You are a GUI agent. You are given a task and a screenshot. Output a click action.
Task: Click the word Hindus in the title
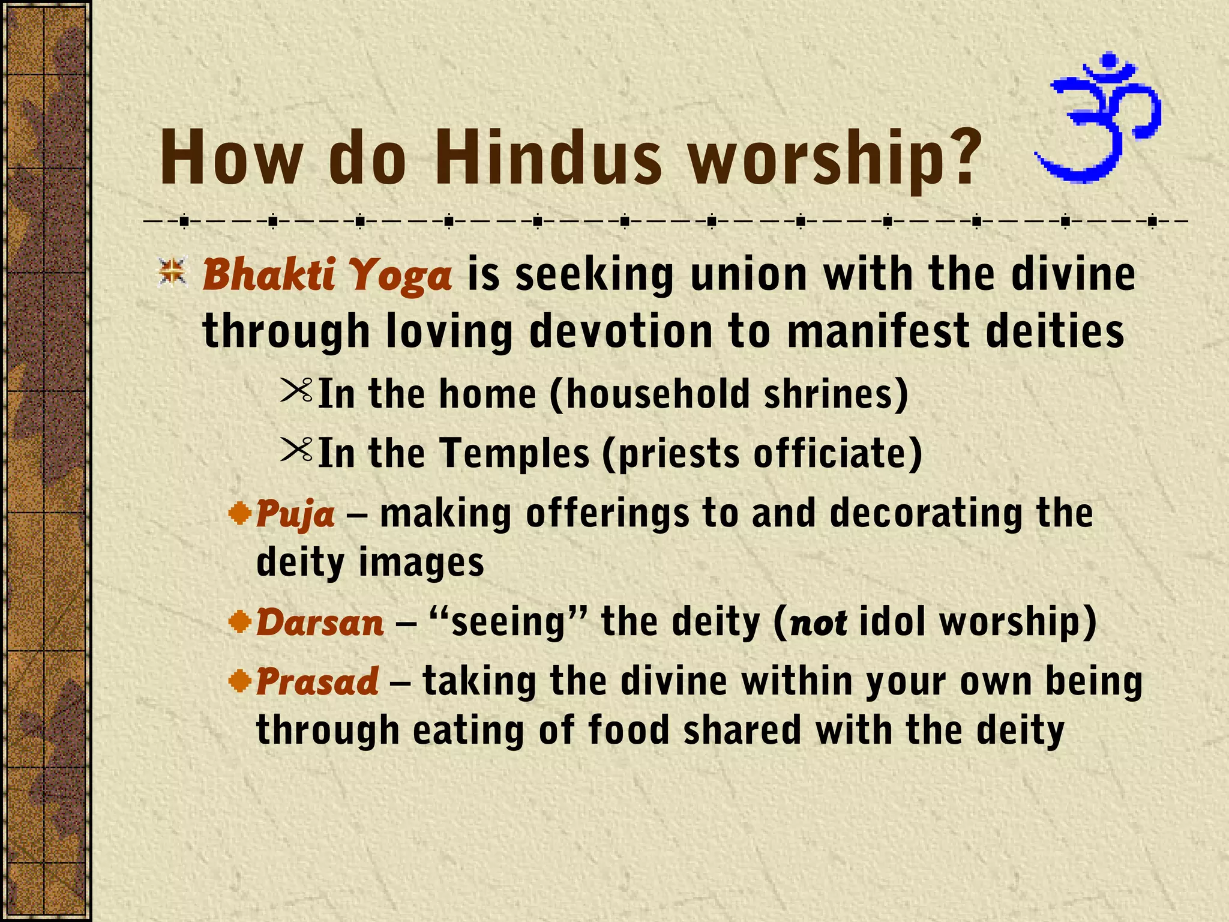click(x=548, y=158)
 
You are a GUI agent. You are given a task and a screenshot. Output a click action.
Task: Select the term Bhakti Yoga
click(x=327, y=275)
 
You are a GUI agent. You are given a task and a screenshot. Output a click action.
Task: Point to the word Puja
click(x=295, y=514)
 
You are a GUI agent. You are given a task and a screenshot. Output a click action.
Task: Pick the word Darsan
click(x=320, y=622)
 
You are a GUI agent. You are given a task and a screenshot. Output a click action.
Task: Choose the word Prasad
click(x=317, y=682)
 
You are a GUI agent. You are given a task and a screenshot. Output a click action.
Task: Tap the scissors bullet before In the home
click(x=296, y=391)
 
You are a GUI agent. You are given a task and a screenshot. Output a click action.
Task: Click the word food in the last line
click(x=628, y=731)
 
